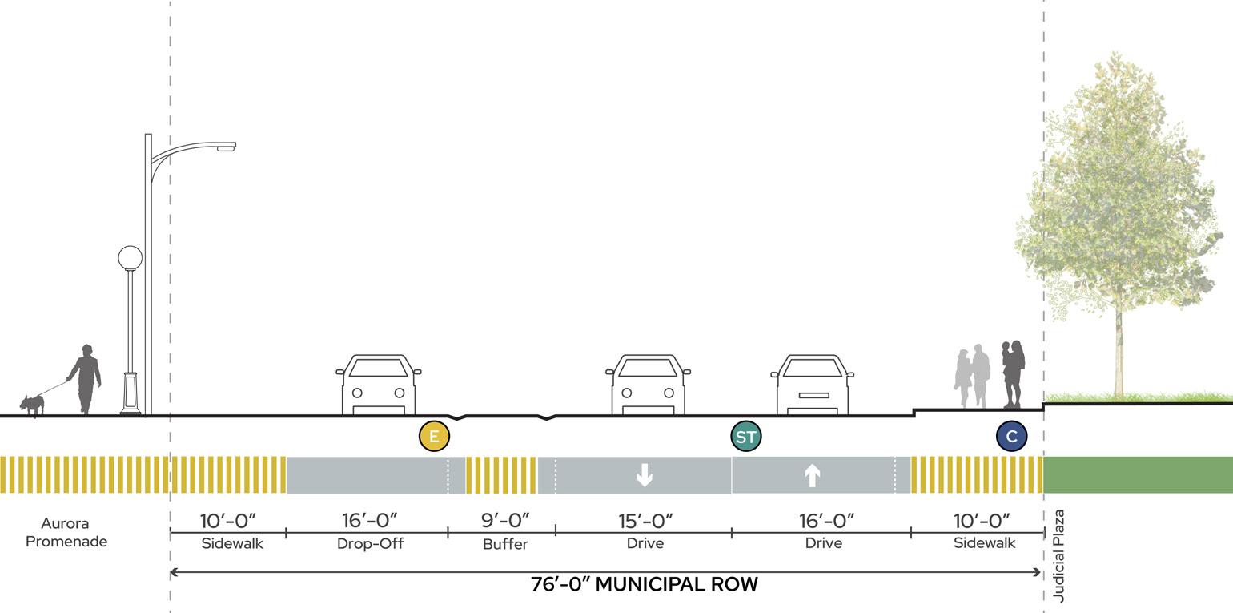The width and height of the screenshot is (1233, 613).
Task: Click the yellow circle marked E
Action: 434,437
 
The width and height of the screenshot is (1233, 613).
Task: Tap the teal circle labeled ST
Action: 745,437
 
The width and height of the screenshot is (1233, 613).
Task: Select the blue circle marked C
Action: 1011,437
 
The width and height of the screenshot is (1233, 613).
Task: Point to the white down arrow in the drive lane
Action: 644,475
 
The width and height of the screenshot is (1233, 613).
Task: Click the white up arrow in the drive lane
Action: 812,475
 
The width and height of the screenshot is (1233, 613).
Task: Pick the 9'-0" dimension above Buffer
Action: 505,521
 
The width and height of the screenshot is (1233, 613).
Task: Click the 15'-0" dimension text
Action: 645,521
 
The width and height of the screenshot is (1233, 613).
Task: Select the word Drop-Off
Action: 370,543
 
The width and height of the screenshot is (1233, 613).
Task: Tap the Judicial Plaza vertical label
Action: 1058,555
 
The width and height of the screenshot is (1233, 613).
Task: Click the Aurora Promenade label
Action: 66,533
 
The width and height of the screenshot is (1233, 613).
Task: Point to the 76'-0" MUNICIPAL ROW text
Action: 644,584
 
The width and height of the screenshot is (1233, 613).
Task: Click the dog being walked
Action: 32,404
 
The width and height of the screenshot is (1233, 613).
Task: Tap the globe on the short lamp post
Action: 130,258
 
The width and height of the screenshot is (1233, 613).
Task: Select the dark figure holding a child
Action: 1013,373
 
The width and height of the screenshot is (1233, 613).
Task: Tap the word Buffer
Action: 505,544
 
